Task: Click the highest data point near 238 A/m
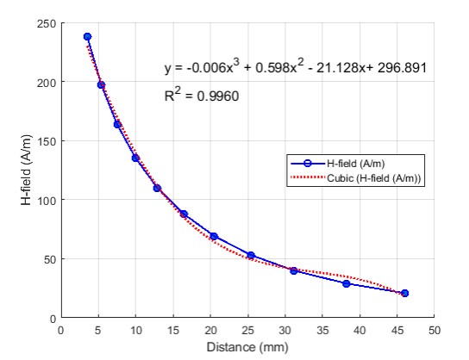[x=87, y=36]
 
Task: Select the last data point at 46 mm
[x=404, y=293]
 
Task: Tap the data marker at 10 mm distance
[x=135, y=158]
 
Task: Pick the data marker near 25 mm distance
[x=251, y=255]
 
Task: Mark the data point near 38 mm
[x=347, y=283]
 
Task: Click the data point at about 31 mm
[x=294, y=270]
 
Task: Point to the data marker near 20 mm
[x=214, y=236]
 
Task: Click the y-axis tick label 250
[x=47, y=23]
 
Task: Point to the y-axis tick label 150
[x=47, y=141]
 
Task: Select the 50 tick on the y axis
[x=50, y=259]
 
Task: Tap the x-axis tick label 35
[x=322, y=331]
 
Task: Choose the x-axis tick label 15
[x=173, y=331]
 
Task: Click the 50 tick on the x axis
[x=435, y=331]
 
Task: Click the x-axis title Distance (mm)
[x=247, y=347]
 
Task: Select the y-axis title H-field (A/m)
[x=27, y=170]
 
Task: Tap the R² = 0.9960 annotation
[x=202, y=95]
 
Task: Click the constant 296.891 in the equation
[x=402, y=68]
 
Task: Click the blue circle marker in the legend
[x=308, y=164]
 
